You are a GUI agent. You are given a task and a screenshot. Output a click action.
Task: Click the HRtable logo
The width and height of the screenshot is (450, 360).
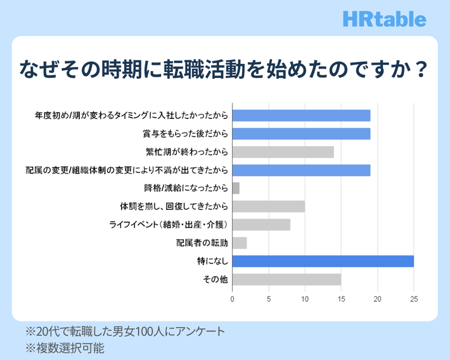[385, 19]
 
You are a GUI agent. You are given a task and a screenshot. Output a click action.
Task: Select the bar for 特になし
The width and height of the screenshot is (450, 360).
[323, 261]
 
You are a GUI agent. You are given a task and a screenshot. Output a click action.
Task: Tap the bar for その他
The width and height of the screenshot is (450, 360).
[287, 279]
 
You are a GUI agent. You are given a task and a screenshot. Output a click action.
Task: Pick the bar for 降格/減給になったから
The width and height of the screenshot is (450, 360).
[236, 188]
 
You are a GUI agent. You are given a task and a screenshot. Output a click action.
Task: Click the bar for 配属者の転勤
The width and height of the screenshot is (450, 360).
[239, 243]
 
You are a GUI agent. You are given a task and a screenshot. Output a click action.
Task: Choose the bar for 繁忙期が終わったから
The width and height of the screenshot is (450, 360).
[283, 152]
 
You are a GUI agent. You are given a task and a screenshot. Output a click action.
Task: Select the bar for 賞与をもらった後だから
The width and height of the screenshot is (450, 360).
[301, 134]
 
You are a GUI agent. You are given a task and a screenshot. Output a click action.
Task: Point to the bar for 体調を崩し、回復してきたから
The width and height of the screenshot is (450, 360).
[268, 206]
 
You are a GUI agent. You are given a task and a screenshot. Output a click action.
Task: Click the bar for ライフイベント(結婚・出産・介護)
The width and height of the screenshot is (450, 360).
[261, 224]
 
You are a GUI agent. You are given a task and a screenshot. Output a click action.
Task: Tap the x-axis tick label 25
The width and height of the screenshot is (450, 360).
[414, 299]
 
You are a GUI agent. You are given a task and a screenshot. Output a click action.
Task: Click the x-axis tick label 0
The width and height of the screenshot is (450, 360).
[232, 299]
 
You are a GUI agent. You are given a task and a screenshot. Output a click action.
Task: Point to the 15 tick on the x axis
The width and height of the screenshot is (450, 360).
[341, 299]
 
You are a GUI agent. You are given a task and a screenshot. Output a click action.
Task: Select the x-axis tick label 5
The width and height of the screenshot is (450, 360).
[268, 299]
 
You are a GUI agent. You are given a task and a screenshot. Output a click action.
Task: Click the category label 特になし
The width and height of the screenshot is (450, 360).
[213, 261]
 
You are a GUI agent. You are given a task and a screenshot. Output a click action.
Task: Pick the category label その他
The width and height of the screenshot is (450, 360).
[215, 279]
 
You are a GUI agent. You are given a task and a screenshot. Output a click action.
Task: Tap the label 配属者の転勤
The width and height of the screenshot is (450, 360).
[202, 243]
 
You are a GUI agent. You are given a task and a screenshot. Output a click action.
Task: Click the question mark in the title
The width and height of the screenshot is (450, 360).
[422, 70]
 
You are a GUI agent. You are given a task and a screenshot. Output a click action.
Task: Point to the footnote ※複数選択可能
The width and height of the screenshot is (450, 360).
[65, 348]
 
